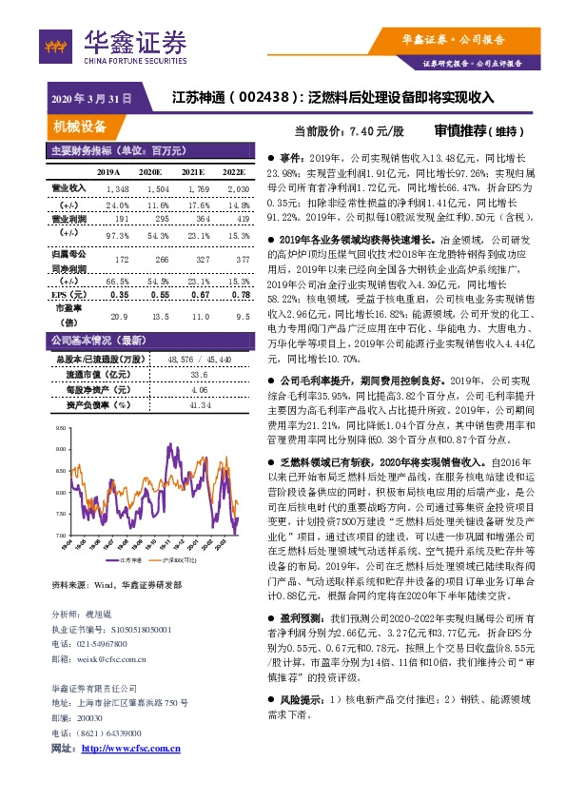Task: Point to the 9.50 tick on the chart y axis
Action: click(x=61, y=429)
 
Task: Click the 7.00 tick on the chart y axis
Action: click(x=61, y=537)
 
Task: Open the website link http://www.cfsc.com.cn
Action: click(x=129, y=750)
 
